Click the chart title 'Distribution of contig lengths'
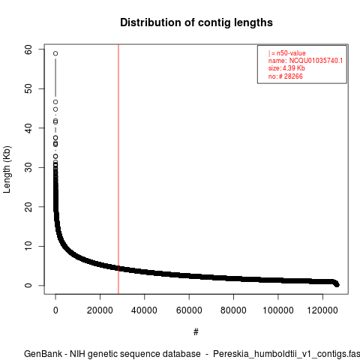196,22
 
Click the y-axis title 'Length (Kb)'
7,169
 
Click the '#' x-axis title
196,332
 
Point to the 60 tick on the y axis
28,49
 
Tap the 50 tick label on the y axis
28,88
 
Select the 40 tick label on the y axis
28,128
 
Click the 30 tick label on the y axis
28,167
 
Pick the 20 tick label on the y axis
28,207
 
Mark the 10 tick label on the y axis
28,246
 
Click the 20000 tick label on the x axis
100,310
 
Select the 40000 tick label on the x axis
145,310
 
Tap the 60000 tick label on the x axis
189,310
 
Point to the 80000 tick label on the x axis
233,310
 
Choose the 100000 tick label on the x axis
278,310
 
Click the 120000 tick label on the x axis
322,310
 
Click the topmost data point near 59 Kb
55,53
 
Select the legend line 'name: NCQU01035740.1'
305,61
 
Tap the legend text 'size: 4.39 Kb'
286,68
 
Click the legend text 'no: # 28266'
286,76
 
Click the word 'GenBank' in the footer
43,354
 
